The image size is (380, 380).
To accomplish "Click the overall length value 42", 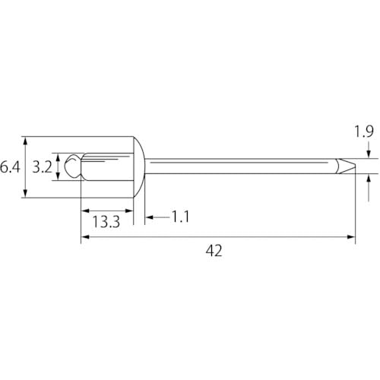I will (214, 251).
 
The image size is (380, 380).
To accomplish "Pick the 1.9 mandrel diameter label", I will (365, 132).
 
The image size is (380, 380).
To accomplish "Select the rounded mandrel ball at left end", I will (71, 166).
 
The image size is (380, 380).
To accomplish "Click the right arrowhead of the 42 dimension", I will (351, 237).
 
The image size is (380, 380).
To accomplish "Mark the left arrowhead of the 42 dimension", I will (84, 237).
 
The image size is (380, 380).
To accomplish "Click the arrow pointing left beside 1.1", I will (149, 217).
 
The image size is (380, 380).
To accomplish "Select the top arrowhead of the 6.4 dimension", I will (27, 141).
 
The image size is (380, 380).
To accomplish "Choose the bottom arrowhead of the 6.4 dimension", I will (27, 194).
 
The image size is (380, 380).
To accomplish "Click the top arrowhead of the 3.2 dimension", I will (59, 156).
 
